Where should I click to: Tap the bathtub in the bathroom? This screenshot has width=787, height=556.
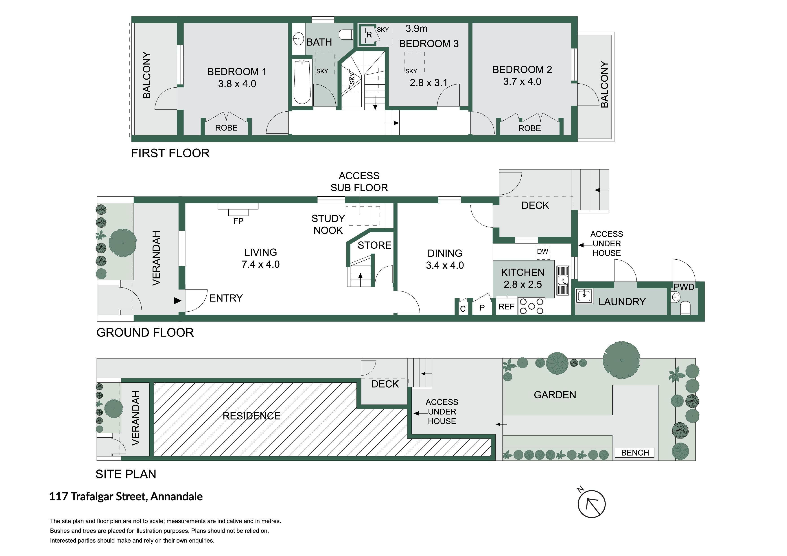click(302, 82)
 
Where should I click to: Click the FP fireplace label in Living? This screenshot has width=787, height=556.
click(238, 221)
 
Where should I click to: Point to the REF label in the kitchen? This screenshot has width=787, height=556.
click(506, 307)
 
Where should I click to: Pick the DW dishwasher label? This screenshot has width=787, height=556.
click(542, 252)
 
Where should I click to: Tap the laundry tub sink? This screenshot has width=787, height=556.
click(584, 295)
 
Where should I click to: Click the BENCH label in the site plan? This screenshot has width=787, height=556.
click(635, 453)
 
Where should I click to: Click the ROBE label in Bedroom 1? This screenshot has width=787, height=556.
click(226, 128)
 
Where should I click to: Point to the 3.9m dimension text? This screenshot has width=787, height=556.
click(416, 28)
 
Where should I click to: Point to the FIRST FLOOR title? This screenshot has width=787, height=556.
click(170, 153)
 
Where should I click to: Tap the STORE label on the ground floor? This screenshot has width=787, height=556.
click(374, 245)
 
